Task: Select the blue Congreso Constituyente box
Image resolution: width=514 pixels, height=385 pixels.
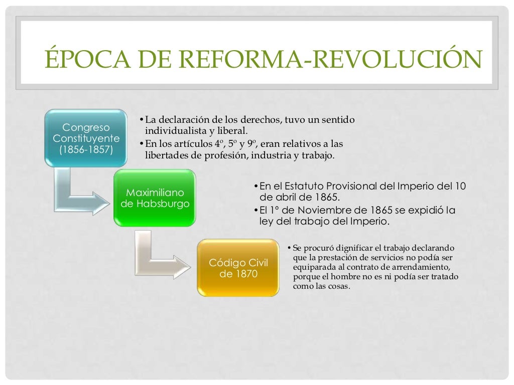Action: pos(86,138)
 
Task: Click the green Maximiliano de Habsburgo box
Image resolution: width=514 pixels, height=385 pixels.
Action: pos(155,199)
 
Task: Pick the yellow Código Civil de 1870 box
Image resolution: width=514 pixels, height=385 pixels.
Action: pos(238,268)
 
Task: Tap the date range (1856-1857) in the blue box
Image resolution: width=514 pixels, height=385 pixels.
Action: pos(86,149)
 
